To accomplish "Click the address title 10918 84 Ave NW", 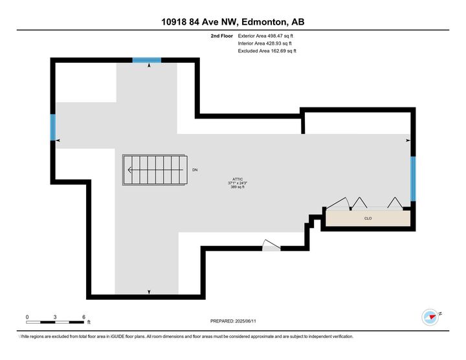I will pos(232,22).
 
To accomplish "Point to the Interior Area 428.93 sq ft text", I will pos(266,43).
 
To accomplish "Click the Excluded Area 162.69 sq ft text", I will pos(267,51).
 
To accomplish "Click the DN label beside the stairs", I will pos(195,170).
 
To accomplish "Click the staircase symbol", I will pos(155,170).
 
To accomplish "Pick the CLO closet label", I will pos(368,219).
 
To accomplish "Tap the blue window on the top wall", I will pos(147,60).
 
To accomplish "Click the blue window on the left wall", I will pos(53,127).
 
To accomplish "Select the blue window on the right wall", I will pos(412,178).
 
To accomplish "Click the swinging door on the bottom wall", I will pos(271,246).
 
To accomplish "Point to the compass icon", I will pos(430,317).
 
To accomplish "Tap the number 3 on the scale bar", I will pos(56,317).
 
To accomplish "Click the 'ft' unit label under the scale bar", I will pos(89,322).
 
